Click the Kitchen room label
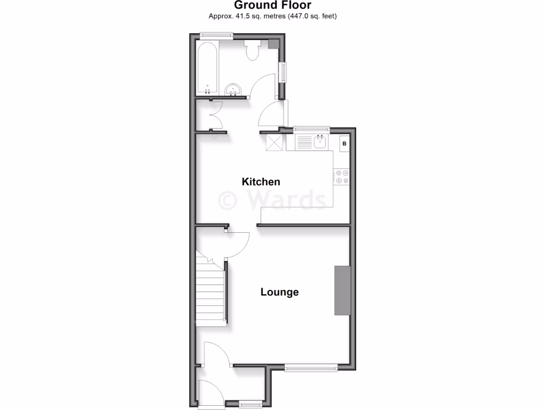(x=261, y=182)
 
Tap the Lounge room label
(x=279, y=292)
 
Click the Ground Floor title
(x=272, y=5)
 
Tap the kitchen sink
(x=320, y=142)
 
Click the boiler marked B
(x=344, y=144)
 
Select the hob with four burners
(x=341, y=177)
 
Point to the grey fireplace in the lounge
(x=342, y=290)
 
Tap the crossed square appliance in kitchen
(x=275, y=143)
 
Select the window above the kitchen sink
(x=311, y=129)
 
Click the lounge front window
(x=311, y=367)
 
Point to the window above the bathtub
(x=216, y=36)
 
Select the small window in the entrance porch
(x=250, y=403)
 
